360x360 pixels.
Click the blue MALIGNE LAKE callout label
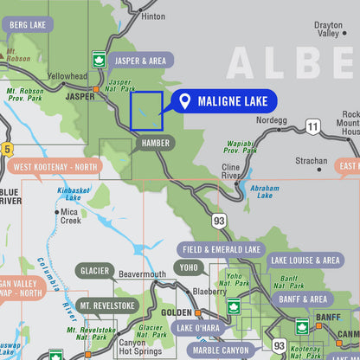[x=224, y=101]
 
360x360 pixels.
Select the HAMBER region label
[x=156, y=143]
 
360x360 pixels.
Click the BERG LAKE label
[x=27, y=25]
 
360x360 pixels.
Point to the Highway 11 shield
[x=312, y=127]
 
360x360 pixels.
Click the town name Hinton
[x=152, y=16]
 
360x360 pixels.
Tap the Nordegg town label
[x=270, y=120]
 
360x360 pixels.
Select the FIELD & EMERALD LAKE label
[x=222, y=249]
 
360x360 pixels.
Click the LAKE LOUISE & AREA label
[x=305, y=260]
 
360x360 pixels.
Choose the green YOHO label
[x=190, y=267]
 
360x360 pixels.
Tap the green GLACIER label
[x=94, y=271]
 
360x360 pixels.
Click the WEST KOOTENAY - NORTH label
[x=55, y=166]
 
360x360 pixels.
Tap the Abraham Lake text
[x=264, y=190]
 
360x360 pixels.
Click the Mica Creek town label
[x=70, y=215]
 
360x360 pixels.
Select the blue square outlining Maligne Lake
[x=146, y=112]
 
